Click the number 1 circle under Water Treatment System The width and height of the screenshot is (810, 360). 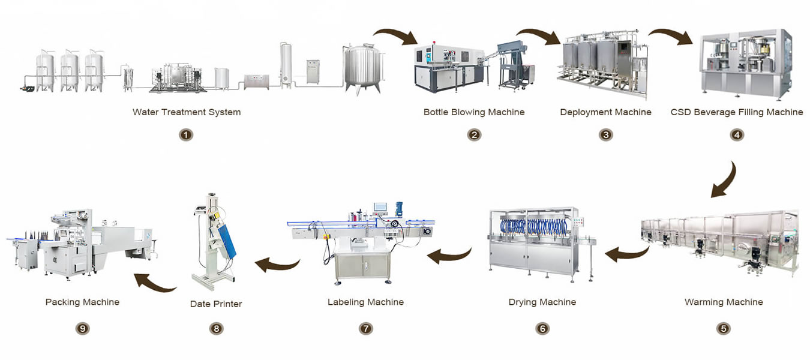click(186, 135)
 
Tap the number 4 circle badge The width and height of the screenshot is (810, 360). click(737, 135)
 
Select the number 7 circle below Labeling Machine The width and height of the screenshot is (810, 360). click(365, 329)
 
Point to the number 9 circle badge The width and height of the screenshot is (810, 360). click(82, 329)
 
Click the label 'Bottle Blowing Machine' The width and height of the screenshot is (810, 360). click(474, 112)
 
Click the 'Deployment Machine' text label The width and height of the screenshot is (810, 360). click(605, 112)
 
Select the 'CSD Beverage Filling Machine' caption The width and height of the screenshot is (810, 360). click(737, 112)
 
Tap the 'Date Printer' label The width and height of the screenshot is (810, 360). click(216, 304)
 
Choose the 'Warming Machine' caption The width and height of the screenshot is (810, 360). click(724, 302)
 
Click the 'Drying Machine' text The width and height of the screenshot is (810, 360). click(542, 302)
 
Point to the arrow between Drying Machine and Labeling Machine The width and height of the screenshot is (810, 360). click(450, 256)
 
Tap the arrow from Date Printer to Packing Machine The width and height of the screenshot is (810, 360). click(154, 284)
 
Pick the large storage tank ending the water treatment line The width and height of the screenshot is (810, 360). click(363, 68)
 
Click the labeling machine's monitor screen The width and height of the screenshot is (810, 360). click(380, 207)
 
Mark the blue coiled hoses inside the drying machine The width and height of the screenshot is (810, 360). click(533, 226)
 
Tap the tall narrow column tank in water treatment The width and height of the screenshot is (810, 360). click(286, 65)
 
